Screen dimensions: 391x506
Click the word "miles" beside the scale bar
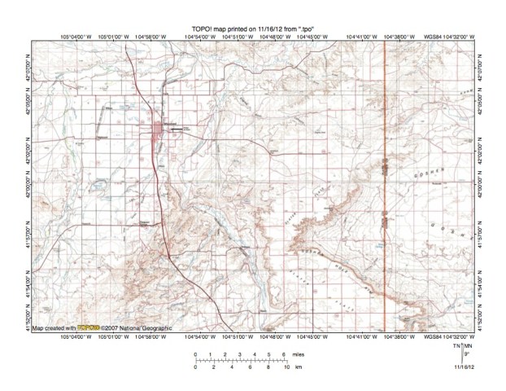tap(299, 354)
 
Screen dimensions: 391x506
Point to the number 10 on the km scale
tap(286, 368)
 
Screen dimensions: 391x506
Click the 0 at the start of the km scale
tap(195, 368)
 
